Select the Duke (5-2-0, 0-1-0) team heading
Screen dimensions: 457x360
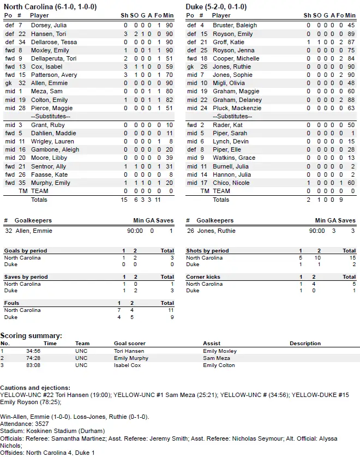pyautogui.click(x=217, y=7)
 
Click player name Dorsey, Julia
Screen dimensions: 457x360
pyautogui.click(x=46, y=25)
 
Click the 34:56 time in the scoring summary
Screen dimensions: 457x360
pyautogui.click(x=33, y=351)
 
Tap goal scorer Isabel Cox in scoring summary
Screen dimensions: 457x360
pyautogui.click(x=128, y=365)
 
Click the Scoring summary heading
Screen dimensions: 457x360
pyautogui.click(x=31, y=336)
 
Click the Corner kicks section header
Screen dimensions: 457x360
pyautogui.click(x=203, y=277)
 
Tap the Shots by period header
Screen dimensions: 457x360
pyautogui.click(x=207, y=251)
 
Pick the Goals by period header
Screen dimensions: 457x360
pyautogui.click(x=26, y=251)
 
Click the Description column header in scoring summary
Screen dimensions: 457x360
pyautogui.click(x=305, y=344)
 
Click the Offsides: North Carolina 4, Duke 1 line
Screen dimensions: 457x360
pyautogui.click(x=47, y=453)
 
